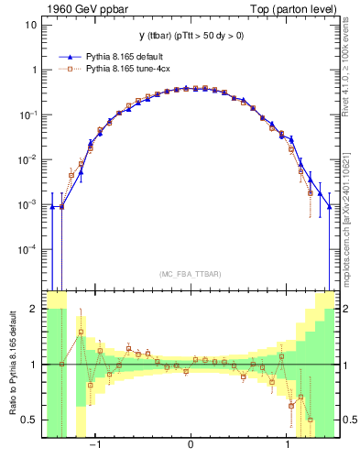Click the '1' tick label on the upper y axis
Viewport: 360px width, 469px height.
click(35, 70)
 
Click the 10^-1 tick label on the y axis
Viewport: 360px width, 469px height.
click(30, 115)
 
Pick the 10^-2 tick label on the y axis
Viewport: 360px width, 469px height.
click(30, 159)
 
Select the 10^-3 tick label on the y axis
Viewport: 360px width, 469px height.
click(30, 204)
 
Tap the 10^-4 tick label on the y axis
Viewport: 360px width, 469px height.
click(30, 249)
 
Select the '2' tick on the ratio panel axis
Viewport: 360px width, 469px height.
click(35, 310)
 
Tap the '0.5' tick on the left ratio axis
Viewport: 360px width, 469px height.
click(30, 420)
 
